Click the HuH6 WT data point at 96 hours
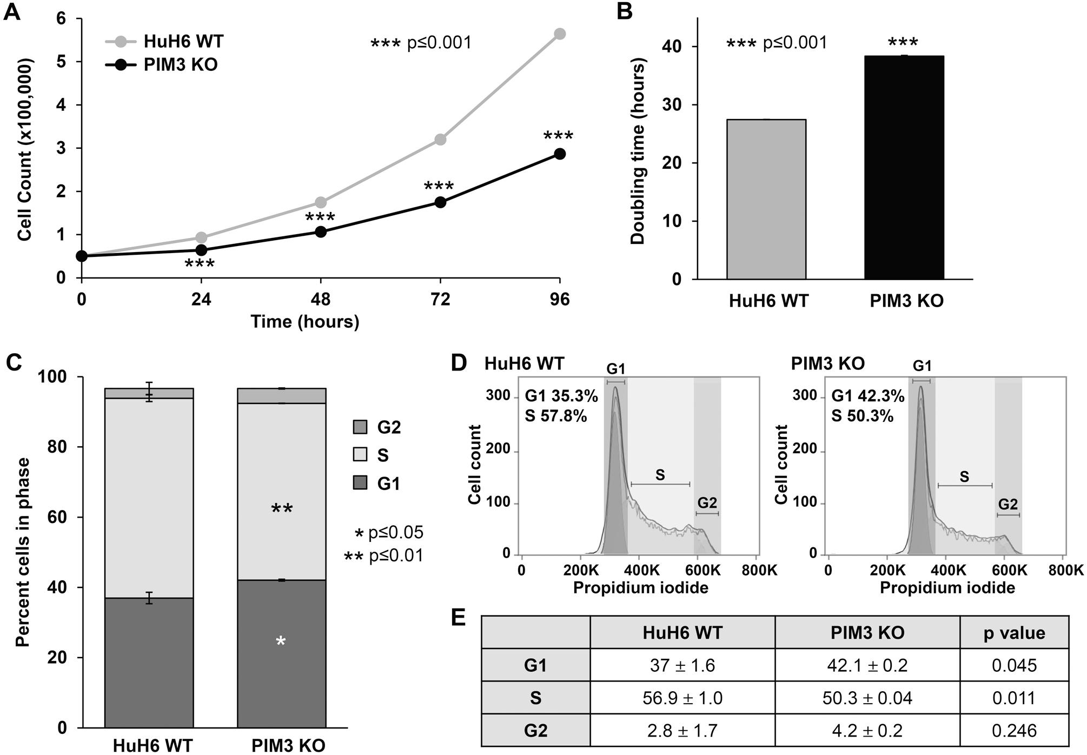pos(560,34)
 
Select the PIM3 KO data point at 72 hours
pos(440,202)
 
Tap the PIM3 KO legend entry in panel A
pos(162,65)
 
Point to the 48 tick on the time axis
pos(320,299)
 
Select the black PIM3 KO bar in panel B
pos(904,168)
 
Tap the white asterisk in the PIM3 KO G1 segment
pos(281,642)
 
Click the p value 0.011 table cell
pos(1014,698)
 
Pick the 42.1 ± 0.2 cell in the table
pos(867,665)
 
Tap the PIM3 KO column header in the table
pos(867,632)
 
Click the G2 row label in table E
pos(535,731)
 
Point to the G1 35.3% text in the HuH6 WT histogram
pos(561,396)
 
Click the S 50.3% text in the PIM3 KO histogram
pos(862,416)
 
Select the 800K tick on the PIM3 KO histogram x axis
pos(1066,570)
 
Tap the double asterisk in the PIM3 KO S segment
pos(281,508)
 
